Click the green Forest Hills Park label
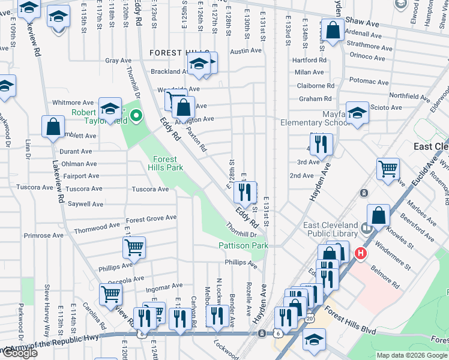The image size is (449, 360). (164, 163)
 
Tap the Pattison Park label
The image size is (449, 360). (243, 245)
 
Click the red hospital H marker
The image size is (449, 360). (360, 254)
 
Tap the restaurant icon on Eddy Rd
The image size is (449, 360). (245, 192)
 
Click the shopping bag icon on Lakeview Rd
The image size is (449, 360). (53, 126)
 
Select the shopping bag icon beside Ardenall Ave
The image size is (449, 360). (332, 29)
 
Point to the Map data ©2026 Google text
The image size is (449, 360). (412, 355)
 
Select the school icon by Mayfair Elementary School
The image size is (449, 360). (357, 113)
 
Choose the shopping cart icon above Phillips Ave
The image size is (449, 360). (133, 247)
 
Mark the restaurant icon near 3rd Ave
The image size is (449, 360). (322, 144)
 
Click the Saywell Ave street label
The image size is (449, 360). (85, 204)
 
